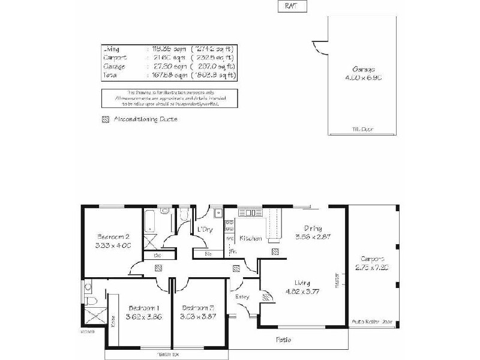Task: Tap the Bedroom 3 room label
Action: pos(197,308)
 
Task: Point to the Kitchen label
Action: pos(251,238)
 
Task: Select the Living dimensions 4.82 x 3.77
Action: pos(310,292)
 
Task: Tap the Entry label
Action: pos(243,296)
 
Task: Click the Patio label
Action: pos(283,340)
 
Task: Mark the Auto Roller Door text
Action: pos(372,322)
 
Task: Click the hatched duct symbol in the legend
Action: pos(106,119)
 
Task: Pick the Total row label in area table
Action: pos(110,75)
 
